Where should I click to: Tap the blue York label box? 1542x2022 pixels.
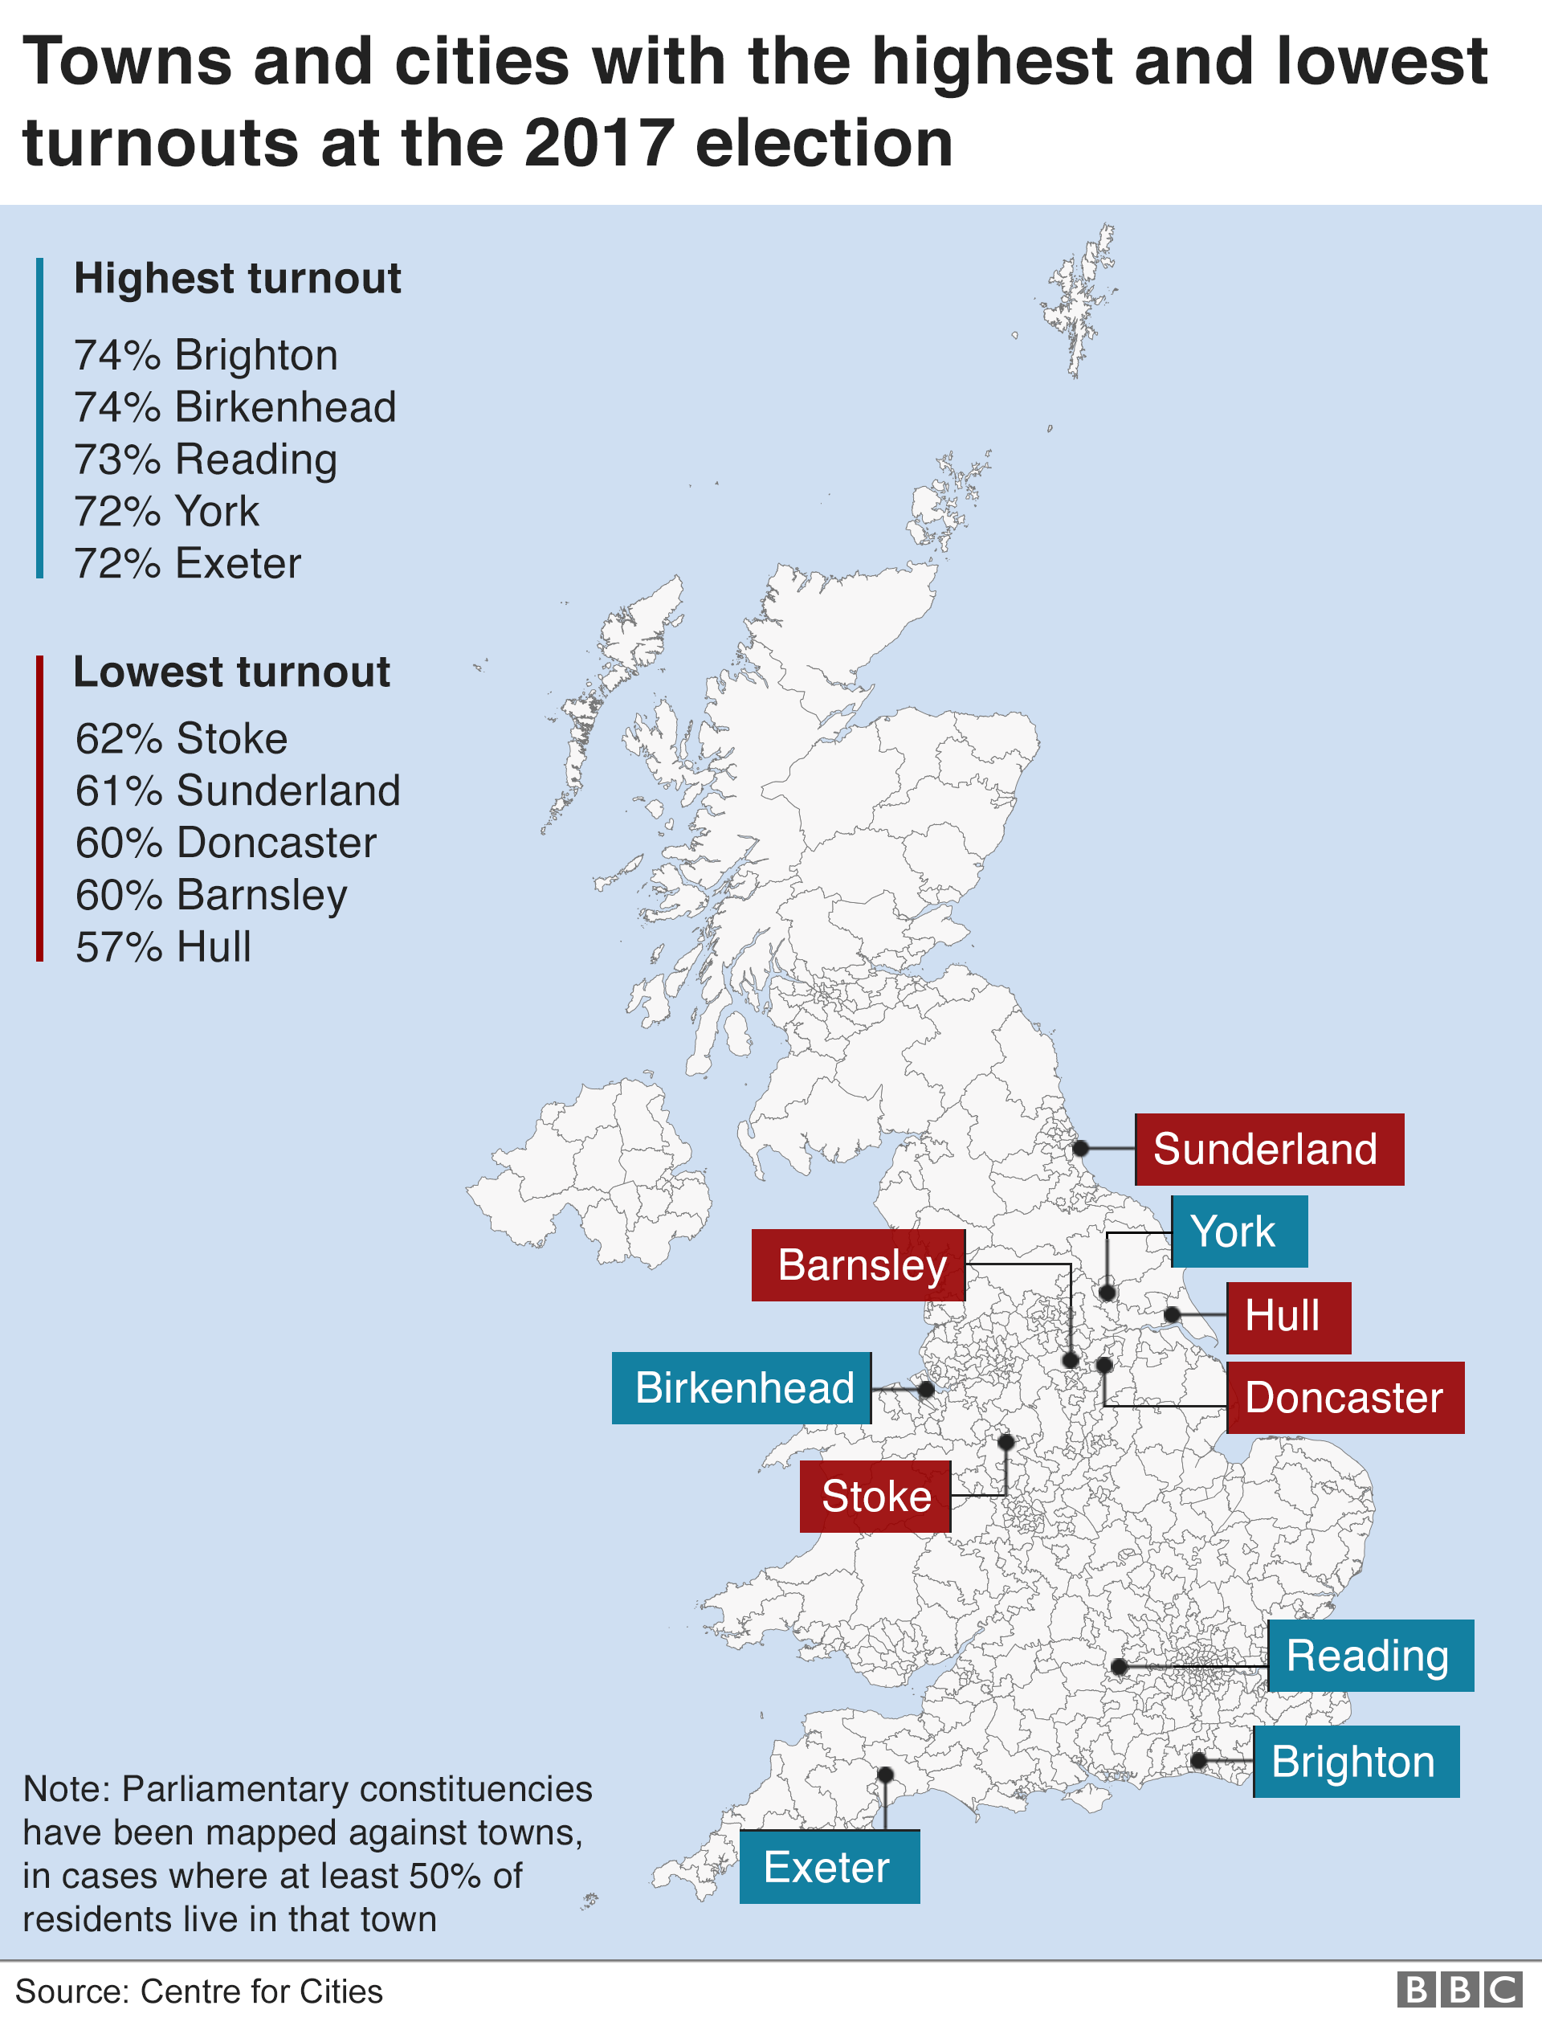pos(1239,1232)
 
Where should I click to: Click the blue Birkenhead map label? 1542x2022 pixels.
pos(741,1388)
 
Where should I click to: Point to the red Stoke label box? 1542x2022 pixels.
pos(875,1496)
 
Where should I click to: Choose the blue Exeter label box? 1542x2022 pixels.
pos(829,1867)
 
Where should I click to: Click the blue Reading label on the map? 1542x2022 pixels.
pos(1370,1656)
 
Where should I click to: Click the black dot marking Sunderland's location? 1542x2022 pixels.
pos(1081,1148)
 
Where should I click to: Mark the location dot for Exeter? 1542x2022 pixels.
pos(885,1775)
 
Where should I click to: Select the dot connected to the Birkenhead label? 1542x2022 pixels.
pos(926,1390)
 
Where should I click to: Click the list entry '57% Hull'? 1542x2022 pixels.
pos(163,947)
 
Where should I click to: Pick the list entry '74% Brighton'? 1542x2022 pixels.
pos(206,355)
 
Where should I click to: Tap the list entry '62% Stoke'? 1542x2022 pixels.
pos(182,739)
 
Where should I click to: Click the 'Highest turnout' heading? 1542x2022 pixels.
pos(237,279)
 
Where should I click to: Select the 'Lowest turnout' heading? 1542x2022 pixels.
pos(231,672)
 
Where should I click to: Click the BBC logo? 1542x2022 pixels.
pos(1458,1990)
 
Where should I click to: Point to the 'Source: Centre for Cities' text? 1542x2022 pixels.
pos(199,1991)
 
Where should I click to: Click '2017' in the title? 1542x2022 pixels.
pos(598,144)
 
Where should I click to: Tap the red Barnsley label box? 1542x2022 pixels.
pos(859,1264)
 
